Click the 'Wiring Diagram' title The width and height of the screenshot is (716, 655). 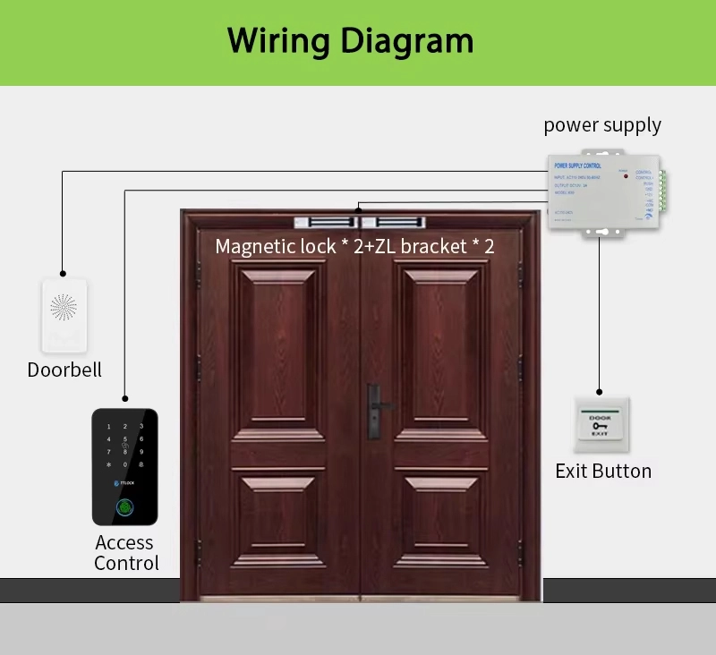(350, 41)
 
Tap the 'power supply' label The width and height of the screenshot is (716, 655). (602, 125)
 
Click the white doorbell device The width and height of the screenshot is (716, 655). (64, 315)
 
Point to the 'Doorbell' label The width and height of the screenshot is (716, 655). (64, 370)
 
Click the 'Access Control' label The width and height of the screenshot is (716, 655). (126, 553)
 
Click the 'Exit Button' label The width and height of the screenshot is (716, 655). (602, 471)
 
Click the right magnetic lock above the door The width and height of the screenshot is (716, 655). (396, 221)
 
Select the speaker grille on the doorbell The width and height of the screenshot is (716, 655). (64, 308)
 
